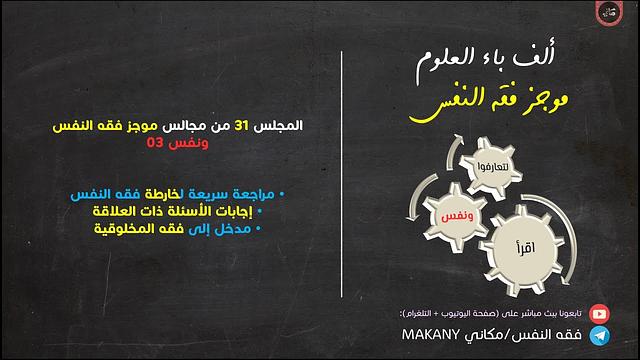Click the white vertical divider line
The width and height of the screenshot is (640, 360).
[x=343, y=180]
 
